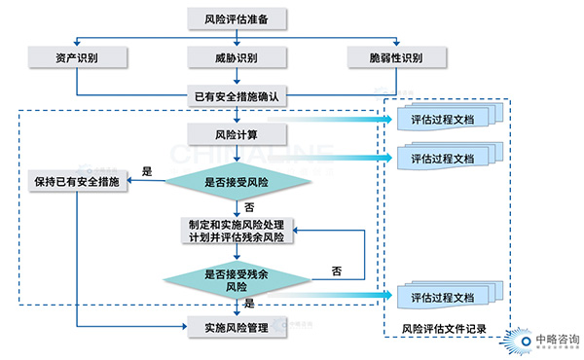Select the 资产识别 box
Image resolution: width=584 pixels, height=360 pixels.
pyautogui.click(x=77, y=57)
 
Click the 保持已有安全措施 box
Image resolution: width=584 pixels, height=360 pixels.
pyautogui.click(x=77, y=183)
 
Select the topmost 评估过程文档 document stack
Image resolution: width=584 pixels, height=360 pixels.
pyautogui.click(x=444, y=120)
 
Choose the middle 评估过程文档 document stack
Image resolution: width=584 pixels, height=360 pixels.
pyautogui.click(x=444, y=158)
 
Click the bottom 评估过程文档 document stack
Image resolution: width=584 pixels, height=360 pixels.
pyautogui.click(x=444, y=297)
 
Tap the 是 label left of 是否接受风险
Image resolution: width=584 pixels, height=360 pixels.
pyautogui.click(x=148, y=171)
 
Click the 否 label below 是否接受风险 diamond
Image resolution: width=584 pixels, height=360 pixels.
pyautogui.click(x=249, y=207)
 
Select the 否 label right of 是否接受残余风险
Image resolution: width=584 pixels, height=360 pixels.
pyautogui.click(x=336, y=270)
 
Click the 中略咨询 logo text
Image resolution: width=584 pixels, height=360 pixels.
pyautogui.click(x=551, y=328)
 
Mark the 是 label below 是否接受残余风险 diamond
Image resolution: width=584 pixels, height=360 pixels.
pyautogui.click(x=249, y=305)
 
